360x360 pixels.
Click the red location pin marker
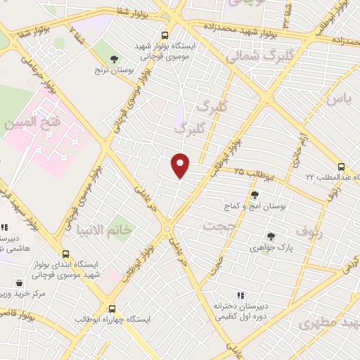pos(181,166)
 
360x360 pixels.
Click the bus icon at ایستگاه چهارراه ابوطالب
pos(112,308)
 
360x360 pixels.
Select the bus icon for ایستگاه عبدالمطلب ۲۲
pos(341,167)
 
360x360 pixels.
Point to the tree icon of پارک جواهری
pos(270,237)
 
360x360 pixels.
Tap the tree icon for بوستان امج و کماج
pos(254,195)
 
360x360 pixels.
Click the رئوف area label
pos(307,230)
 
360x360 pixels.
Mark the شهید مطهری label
pos(328,323)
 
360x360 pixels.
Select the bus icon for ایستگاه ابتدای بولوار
pos(65,253)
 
